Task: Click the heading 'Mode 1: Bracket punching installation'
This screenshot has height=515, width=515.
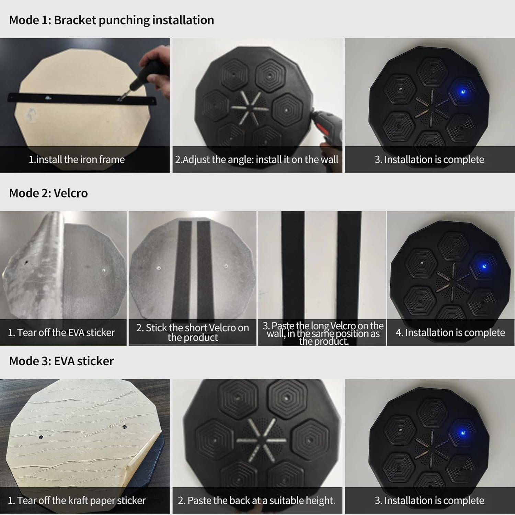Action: (112, 20)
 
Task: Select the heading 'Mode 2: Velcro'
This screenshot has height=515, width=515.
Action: (48, 193)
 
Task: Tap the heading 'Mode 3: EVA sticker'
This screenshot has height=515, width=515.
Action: (61, 361)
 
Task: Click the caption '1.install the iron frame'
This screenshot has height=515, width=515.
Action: (77, 160)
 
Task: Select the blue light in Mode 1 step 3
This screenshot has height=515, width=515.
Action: (462, 92)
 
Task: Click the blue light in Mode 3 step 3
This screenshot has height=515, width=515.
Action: (462, 433)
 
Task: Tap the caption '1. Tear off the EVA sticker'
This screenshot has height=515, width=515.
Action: (61, 333)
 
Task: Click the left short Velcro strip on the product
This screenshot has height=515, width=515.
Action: (182, 271)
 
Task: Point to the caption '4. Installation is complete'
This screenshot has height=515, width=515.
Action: (450, 333)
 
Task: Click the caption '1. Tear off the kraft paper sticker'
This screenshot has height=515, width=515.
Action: (77, 501)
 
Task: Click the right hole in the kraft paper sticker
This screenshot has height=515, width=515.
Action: (125, 427)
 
